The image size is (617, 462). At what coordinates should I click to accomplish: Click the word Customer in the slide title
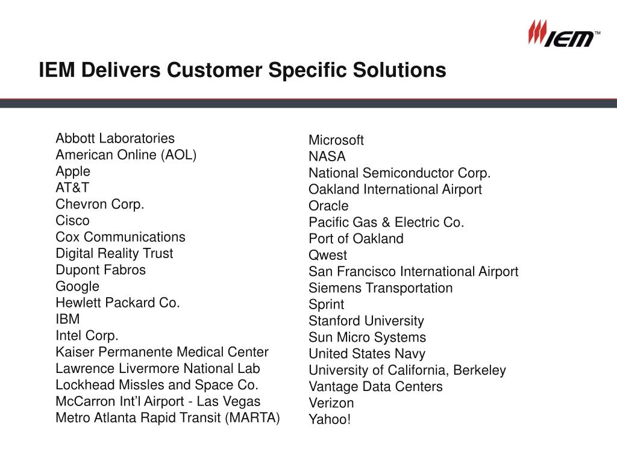click(214, 70)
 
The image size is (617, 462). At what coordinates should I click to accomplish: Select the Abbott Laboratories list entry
click(115, 138)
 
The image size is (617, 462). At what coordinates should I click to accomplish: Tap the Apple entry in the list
click(73, 171)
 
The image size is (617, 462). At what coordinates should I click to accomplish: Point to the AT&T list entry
click(72, 188)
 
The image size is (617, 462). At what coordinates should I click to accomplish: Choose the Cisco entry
click(72, 221)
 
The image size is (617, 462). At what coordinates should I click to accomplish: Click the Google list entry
click(78, 286)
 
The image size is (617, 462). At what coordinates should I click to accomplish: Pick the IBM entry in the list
click(67, 319)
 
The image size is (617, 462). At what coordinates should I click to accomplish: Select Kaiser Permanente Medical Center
click(162, 352)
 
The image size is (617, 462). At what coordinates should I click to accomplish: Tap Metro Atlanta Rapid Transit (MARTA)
click(168, 417)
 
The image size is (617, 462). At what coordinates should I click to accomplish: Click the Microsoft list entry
click(336, 140)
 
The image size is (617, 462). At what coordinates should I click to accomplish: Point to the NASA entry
click(327, 157)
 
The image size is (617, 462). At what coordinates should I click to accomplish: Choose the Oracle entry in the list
click(328, 206)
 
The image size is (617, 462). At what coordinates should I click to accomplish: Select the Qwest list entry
click(328, 255)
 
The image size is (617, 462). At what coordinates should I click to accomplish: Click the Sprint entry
click(327, 304)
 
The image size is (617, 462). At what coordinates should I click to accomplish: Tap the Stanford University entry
click(366, 321)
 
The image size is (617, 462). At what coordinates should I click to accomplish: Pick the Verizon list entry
click(331, 403)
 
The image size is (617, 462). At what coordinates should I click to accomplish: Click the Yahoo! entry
click(330, 419)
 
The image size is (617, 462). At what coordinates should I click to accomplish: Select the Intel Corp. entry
click(87, 336)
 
